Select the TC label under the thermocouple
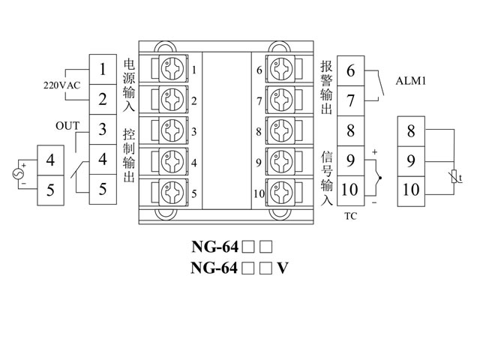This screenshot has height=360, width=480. tap(350, 216)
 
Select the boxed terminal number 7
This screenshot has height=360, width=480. tap(350, 99)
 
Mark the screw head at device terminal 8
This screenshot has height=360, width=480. tap(280, 131)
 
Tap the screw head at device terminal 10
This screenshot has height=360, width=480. tap(280, 193)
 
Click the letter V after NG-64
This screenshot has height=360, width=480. tap(283, 268)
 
